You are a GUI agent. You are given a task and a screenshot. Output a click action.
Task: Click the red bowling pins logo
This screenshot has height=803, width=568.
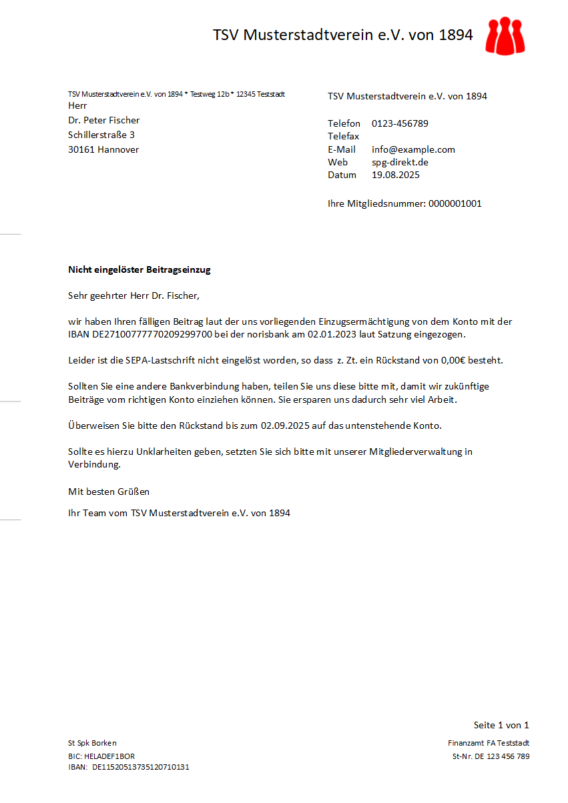tap(505, 35)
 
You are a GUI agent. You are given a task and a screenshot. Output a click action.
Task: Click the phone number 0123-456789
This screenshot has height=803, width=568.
tap(400, 123)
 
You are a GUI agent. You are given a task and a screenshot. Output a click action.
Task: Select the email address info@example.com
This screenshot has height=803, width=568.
tap(413, 149)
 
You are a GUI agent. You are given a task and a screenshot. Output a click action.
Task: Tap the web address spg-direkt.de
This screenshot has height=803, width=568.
tap(400, 162)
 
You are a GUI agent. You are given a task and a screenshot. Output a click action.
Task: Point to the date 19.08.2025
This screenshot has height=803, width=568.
tap(396, 175)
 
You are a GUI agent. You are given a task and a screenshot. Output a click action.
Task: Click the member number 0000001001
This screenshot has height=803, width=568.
tap(455, 203)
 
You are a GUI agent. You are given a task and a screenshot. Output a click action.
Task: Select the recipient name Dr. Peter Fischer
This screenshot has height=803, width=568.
tap(104, 120)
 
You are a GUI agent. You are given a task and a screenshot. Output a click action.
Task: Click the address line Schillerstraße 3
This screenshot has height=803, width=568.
tap(101, 135)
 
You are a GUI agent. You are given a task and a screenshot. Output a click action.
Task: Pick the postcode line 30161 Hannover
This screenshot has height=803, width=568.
tap(103, 149)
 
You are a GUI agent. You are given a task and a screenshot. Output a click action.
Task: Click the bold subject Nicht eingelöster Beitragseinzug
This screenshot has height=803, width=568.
tap(139, 270)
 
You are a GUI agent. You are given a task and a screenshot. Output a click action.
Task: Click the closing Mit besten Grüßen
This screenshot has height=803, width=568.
tap(109, 492)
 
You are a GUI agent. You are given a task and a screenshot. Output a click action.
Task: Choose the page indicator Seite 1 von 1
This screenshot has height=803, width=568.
tap(501, 725)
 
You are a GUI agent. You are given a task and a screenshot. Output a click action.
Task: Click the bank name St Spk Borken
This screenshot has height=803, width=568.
tap(92, 743)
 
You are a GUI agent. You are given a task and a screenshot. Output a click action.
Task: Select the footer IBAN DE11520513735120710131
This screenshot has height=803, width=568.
tap(141, 767)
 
